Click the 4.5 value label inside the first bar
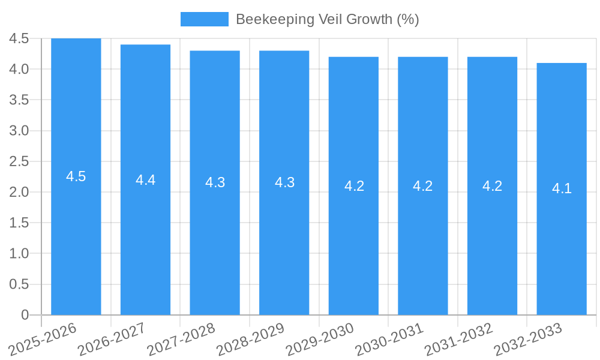76,176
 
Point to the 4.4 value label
145,179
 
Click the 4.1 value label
562,188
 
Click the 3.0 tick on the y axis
19,131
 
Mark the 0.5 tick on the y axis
19,284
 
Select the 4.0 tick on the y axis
19,69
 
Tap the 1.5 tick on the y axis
19,223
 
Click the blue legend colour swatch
204,19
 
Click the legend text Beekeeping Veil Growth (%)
327,19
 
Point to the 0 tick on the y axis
25,315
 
